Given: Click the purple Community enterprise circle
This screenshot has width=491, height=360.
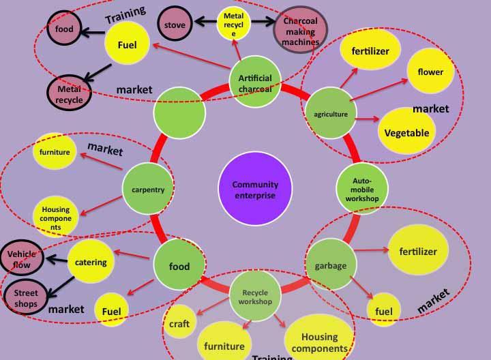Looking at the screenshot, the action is point(255,189).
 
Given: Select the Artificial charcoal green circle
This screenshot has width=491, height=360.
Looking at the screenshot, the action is point(255,82).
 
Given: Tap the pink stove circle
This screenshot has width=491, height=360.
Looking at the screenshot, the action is point(175,24).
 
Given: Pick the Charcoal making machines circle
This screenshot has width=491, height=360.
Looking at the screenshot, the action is point(301,30).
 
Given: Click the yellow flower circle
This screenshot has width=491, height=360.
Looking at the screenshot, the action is point(430,71).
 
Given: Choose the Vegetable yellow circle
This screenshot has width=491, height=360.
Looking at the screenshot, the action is point(406,132).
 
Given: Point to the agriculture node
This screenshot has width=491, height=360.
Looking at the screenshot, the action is point(331,113).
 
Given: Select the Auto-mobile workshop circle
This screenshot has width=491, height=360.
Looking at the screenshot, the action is point(362,189).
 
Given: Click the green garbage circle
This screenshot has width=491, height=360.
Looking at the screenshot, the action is point(331,265).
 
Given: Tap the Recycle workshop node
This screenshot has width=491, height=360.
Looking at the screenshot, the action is point(255,296).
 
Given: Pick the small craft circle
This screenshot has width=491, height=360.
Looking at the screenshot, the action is point(179,322).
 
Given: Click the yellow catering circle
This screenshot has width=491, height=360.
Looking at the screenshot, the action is point(91,262).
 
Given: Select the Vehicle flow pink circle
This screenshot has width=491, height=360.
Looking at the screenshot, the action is point(22,258).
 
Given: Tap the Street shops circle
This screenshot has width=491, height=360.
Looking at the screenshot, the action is point(26,297).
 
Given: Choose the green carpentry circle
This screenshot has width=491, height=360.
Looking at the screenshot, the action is point(148,189).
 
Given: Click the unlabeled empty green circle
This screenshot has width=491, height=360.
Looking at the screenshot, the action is point(179,113).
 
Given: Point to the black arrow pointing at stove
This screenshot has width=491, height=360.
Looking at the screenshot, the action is point(205,22).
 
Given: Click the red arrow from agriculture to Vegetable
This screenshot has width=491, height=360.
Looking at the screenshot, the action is point(368,119).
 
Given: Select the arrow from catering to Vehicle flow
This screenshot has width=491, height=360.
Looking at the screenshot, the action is point(57,259).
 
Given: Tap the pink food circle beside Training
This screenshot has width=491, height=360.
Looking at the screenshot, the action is point(64,28).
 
